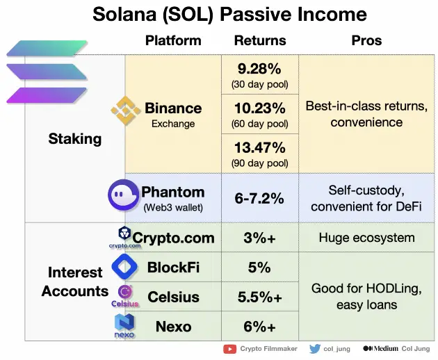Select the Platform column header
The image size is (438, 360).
(172, 40)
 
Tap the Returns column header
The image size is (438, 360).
(259, 40)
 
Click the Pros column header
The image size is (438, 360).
(366, 40)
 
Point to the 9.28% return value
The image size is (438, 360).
(259, 69)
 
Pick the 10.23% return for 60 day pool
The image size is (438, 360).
(259, 109)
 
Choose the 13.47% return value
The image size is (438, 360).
(259, 148)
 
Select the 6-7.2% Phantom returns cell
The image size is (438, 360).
(259, 198)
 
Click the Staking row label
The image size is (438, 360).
(74, 138)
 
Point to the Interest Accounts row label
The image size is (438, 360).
(74, 281)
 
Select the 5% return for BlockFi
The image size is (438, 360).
(259, 268)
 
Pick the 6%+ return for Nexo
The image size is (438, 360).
(259, 326)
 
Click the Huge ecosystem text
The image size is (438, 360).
(366, 238)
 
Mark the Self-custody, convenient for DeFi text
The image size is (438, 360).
(366, 198)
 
